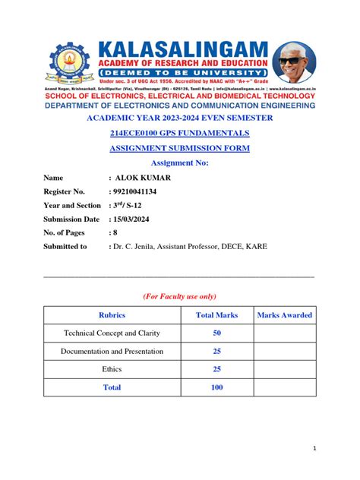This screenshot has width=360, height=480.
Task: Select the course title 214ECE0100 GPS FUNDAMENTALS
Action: point(180,134)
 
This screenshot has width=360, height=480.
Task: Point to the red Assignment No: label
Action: point(180,163)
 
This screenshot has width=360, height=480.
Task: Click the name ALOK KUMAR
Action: point(143,178)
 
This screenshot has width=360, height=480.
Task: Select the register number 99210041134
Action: point(145,191)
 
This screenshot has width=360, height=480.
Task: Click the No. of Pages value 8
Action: point(113,232)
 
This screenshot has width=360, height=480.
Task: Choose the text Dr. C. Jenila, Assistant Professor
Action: point(179,246)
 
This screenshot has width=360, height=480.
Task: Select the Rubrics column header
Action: point(112,314)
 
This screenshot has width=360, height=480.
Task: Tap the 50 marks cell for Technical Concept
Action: point(216,333)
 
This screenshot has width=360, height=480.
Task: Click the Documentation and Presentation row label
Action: point(112,351)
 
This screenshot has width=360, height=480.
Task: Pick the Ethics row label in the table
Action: point(112,369)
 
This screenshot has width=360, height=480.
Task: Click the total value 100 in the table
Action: point(216,387)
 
